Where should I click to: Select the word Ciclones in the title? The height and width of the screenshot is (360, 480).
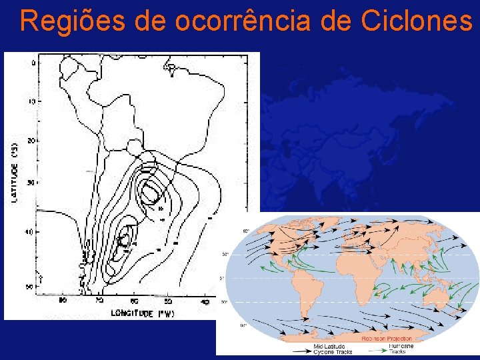(x=417, y=21)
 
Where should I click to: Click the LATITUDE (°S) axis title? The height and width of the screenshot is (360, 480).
(x=15, y=171)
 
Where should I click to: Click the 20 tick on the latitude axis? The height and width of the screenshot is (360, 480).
(x=32, y=141)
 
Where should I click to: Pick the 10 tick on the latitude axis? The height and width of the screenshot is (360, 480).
(x=32, y=101)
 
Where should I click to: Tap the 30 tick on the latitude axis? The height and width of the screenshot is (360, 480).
(x=32, y=182)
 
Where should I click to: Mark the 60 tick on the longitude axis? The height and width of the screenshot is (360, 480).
(x=134, y=302)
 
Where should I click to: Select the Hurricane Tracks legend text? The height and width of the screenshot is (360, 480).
(x=401, y=349)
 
